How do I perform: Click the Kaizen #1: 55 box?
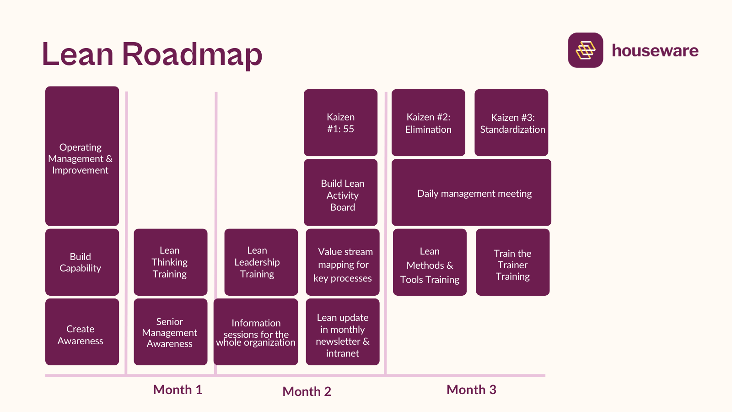click(x=340, y=123)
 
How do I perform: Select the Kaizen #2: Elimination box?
click(x=428, y=123)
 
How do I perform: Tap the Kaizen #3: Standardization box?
click(x=511, y=123)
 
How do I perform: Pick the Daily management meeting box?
click(x=471, y=193)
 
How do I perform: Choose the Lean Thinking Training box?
click(x=170, y=262)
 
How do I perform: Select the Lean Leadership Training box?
click(x=261, y=262)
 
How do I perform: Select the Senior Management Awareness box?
click(x=170, y=332)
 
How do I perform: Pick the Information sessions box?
click(x=256, y=332)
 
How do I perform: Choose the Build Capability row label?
click(x=82, y=262)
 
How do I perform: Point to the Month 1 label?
click(x=178, y=390)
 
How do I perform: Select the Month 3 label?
click(x=471, y=390)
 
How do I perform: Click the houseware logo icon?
click(x=585, y=50)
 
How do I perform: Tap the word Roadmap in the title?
click(x=192, y=54)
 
